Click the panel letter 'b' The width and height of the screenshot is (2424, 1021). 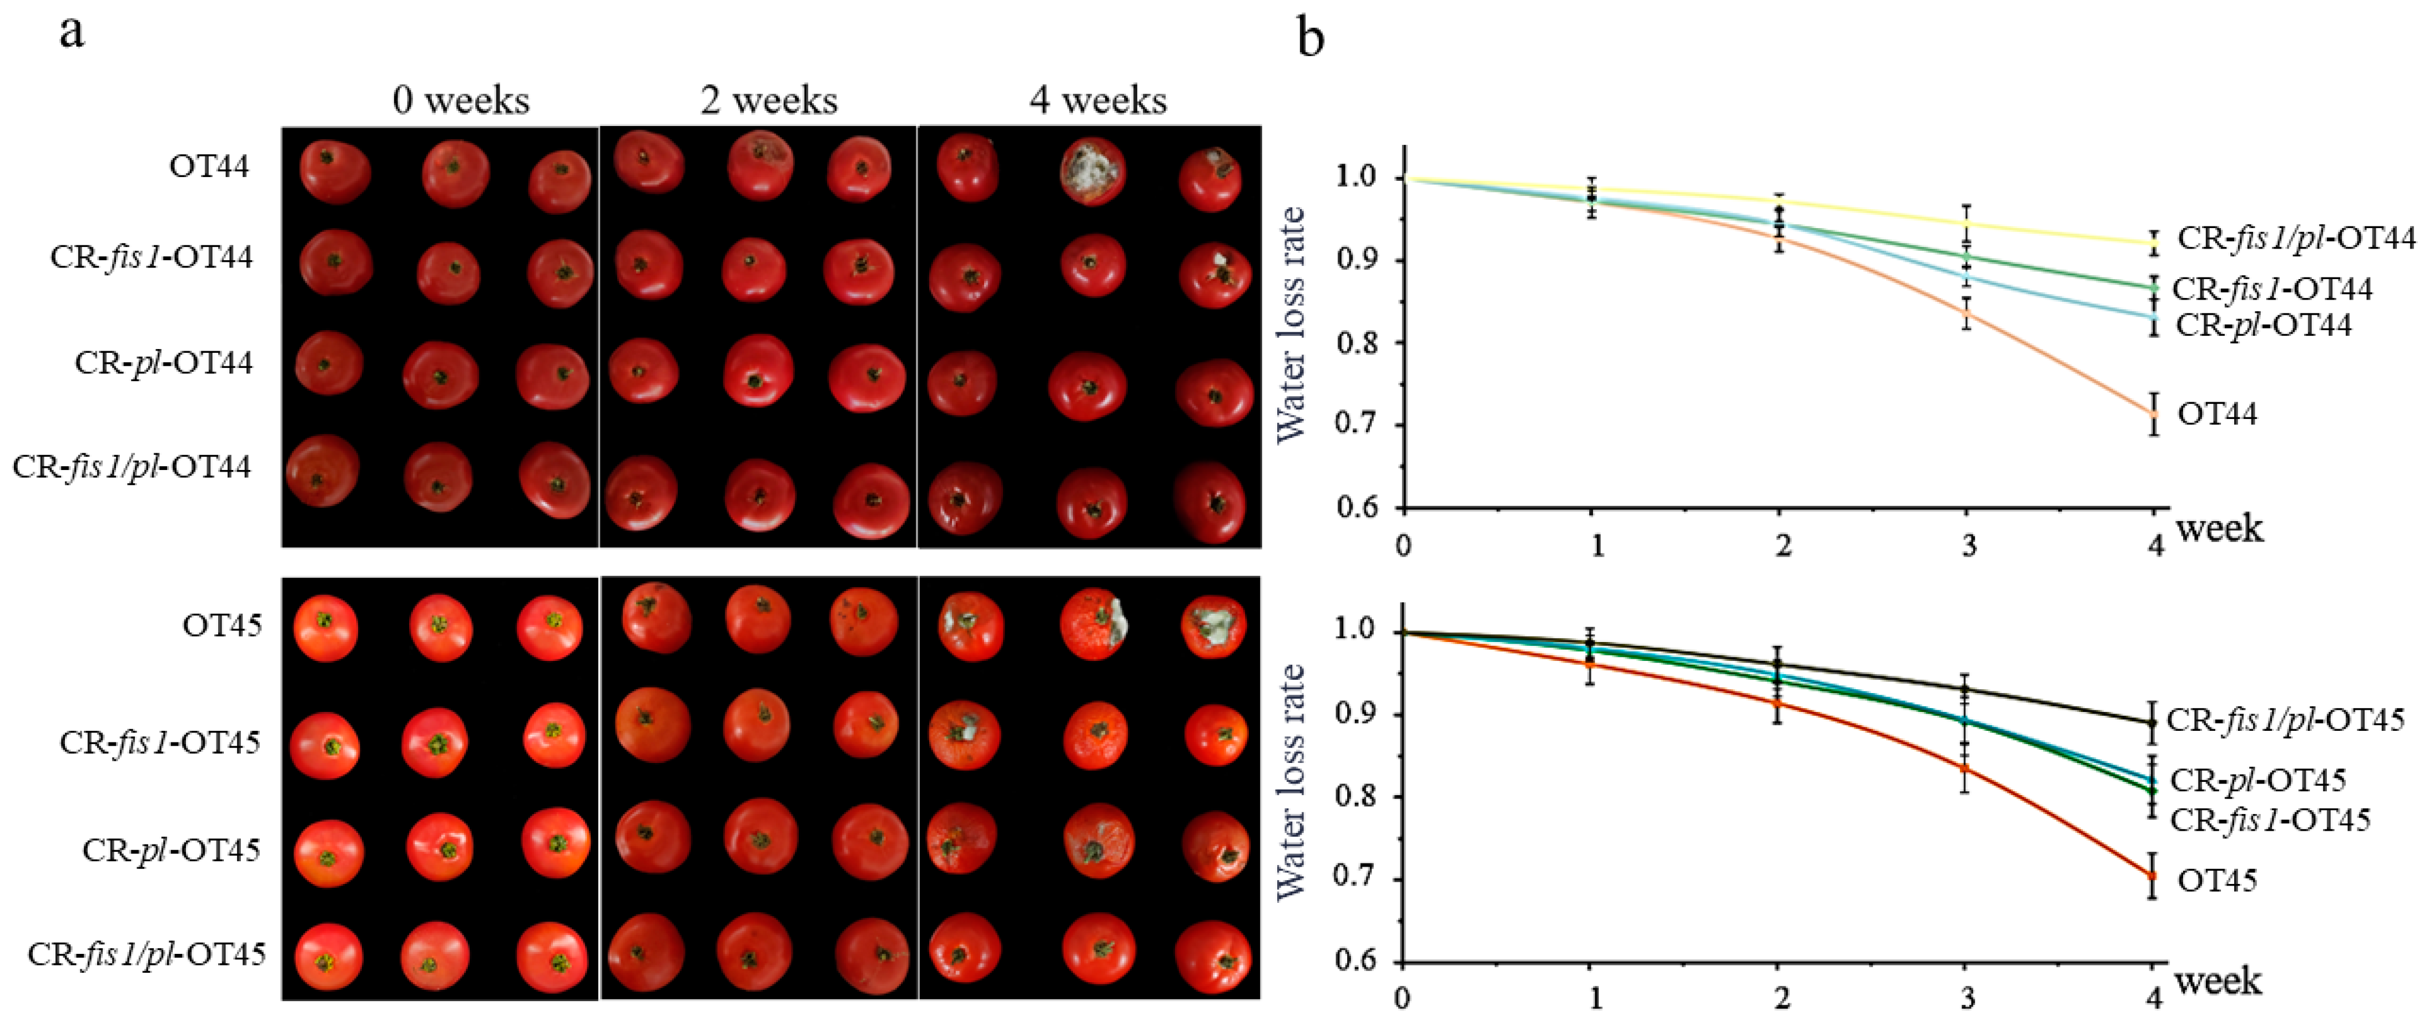tap(1311, 39)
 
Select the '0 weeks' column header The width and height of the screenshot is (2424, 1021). tap(461, 100)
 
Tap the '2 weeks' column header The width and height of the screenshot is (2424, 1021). tap(769, 100)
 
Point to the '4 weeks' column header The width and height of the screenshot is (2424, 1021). tap(1097, 100)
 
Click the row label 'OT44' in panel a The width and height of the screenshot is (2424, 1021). tap(209, 166)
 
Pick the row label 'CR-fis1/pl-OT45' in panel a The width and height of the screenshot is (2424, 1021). tap(147, 954)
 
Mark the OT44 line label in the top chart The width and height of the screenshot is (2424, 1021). tap(2217, 413)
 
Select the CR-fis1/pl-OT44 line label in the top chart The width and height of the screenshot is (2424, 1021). tap(2296, 238)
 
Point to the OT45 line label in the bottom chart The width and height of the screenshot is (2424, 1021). tap(2217, 881)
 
